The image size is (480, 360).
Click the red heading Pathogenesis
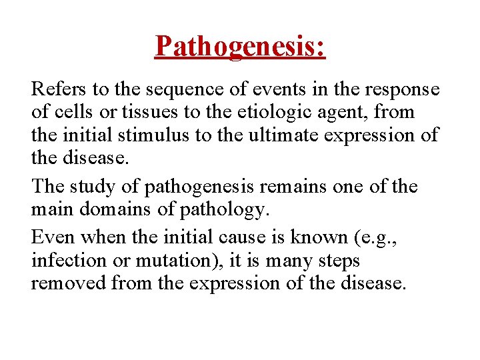tap(240, 46)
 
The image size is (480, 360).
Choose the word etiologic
tap(274, 112)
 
